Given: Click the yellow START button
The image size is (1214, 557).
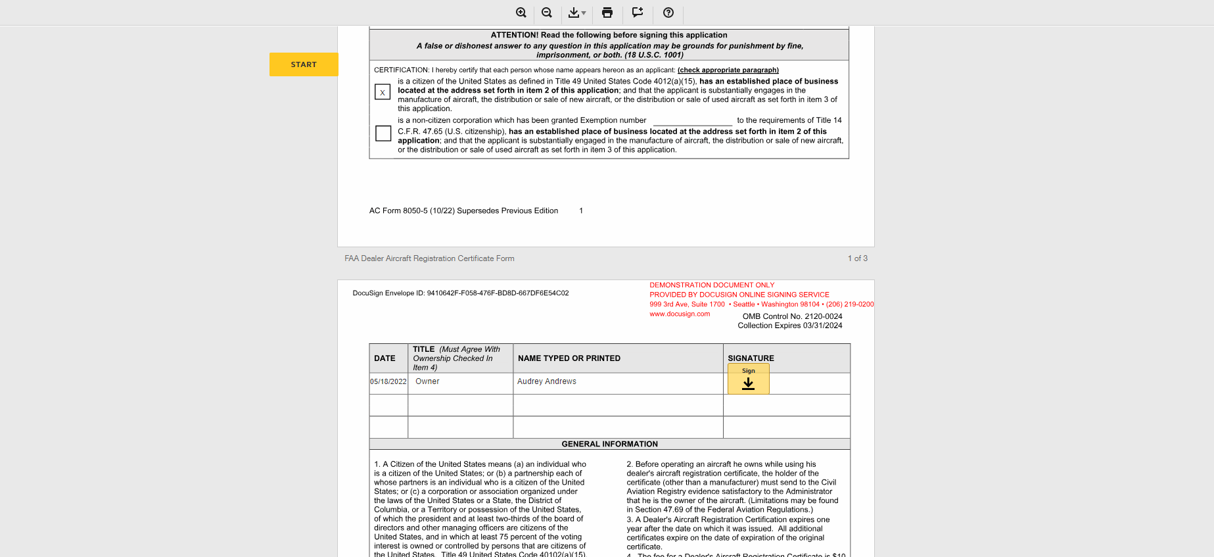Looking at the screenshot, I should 304,64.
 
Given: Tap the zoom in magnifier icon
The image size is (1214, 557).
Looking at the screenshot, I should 521,12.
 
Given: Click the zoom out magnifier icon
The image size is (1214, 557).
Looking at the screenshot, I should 547,12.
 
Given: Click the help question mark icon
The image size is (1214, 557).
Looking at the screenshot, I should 668,12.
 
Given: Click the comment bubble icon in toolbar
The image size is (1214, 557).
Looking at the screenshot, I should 638,12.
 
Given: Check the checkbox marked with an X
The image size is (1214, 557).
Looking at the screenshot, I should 383,92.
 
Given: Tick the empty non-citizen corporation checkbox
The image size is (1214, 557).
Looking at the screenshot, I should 383,133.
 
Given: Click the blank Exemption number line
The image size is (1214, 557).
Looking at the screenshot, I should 692,121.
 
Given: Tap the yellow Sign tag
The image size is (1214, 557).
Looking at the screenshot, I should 748,379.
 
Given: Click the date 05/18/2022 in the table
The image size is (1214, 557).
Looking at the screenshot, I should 388,381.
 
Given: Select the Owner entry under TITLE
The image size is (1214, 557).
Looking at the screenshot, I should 427,381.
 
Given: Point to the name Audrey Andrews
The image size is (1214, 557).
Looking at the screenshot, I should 547,381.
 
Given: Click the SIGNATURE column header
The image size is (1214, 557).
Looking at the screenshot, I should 751,358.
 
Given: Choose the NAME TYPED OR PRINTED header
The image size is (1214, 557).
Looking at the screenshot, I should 569,358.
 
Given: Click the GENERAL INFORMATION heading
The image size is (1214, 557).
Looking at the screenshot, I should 609,444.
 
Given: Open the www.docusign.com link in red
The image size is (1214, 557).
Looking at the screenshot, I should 680,314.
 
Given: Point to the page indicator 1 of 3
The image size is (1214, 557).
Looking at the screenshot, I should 857,258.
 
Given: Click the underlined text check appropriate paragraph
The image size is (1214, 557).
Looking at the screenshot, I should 728,70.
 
